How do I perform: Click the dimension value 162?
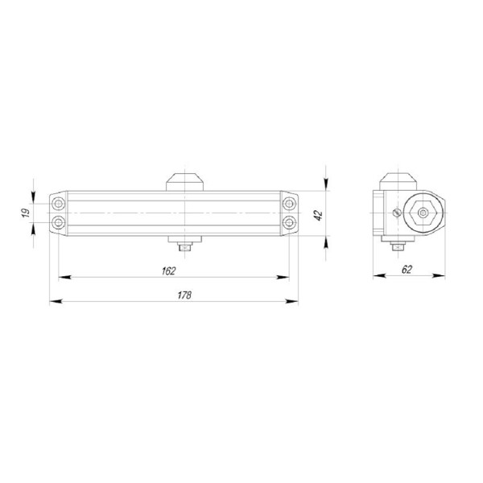click(168, 270)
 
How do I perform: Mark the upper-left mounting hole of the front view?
click(59, 203)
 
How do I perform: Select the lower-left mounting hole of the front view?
click(59, 221)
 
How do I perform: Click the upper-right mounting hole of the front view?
click(288, 203)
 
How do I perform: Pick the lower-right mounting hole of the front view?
click(288, 221)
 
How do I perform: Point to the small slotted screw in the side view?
click(395, 213)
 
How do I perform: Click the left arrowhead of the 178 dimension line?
click(54, 302)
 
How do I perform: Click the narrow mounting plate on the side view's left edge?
click(376, 213)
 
